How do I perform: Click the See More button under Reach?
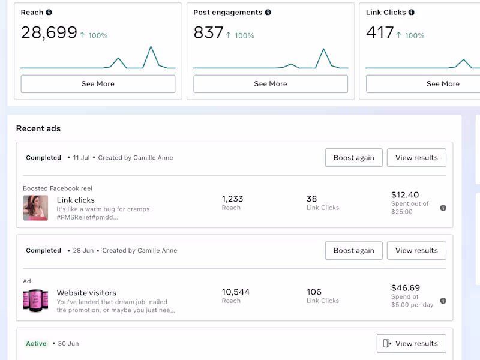point(98,84)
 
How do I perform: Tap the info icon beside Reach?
point(49,13)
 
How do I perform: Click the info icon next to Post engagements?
point(268,13)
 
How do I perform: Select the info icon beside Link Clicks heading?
point(412,13)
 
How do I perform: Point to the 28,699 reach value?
point(49,32)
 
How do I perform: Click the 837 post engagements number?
point(208,32)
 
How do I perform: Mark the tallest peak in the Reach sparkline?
point(151,47)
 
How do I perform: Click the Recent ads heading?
point(38,128)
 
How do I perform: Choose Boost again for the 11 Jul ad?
point(353,158)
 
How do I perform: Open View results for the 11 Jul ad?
point(416,158)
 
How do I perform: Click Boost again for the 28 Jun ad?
point(353,251)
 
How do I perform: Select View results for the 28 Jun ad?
point(416,251)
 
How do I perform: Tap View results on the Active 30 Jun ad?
point(412,344)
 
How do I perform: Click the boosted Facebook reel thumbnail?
point(35,208)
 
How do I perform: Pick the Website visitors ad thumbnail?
point(35,301)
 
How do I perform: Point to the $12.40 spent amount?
point(405,195)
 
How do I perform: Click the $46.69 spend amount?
point(406,288)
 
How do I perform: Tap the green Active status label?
point(36,344)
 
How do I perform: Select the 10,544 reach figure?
point(236,292)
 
